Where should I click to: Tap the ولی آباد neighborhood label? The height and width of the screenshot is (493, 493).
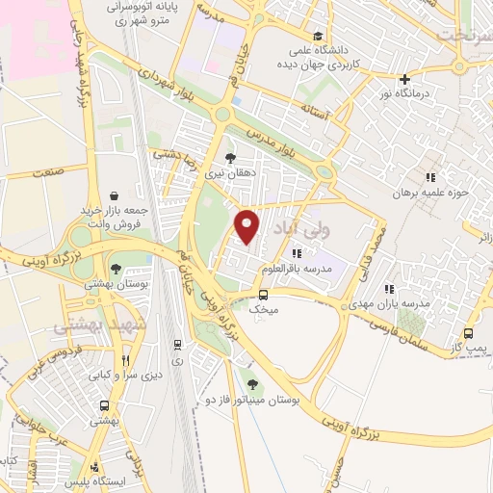329,231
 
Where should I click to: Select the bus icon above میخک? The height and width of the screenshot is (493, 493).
263,295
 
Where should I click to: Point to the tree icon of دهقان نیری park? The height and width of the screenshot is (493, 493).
229,157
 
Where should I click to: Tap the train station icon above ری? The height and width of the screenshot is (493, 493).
176,344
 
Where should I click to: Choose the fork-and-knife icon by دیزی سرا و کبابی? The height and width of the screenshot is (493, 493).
125,360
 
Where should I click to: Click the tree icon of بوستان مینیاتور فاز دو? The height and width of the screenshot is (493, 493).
253,383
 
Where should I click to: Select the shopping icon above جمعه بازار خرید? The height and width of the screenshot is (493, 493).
116,195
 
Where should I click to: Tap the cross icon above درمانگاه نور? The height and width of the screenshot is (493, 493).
404,79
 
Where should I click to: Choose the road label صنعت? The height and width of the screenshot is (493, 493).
45,172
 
